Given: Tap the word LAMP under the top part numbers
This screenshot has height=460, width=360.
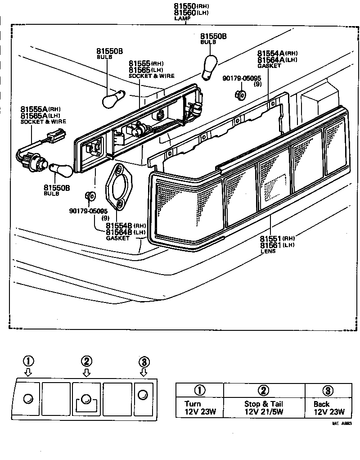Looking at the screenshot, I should [x=182, y=19].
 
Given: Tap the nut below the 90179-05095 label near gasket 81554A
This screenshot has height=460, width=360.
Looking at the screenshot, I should [x=240, y=95].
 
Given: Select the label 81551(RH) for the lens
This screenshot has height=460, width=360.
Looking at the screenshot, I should [x=277, y=238].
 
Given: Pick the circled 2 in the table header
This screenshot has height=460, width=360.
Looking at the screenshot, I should [x=264, y=390].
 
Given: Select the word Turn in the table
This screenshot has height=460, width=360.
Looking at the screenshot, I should [x=193, y=404].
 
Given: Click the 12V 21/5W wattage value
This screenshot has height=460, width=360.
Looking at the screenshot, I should [x=264, y=412].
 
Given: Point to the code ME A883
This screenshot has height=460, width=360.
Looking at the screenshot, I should [x=342, y=424].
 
